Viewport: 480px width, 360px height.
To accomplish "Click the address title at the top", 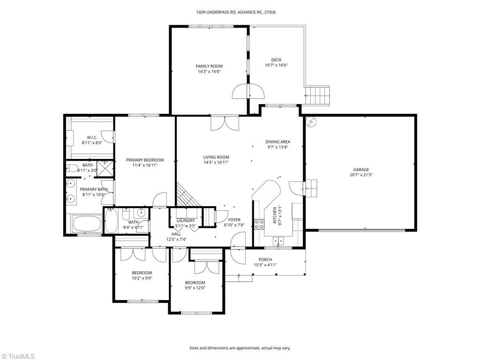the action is (236, 13).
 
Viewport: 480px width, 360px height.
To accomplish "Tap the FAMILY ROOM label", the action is (209, 66).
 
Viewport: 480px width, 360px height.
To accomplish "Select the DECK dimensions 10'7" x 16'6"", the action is (277, 65).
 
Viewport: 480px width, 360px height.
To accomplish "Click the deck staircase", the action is (317, 96).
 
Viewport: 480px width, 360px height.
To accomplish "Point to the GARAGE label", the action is (361, 170).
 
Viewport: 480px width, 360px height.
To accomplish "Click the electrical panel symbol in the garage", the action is (311, 122).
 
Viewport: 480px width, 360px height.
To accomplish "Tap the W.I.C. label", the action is (92, 137).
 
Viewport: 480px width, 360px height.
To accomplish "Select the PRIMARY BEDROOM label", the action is (145, 160).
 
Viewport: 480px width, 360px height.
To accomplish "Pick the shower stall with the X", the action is (105, 169).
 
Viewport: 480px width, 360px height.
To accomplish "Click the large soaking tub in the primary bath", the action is (87, 223).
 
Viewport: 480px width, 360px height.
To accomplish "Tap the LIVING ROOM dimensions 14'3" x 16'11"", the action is (216, 163).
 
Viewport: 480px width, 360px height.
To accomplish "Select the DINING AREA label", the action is (277, 142).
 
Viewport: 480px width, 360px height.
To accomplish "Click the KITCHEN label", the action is (275, 215).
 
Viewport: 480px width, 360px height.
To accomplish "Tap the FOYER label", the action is (234, 220).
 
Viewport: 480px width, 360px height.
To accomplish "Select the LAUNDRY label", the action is (186, 221).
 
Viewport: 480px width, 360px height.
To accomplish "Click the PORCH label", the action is (265, 260).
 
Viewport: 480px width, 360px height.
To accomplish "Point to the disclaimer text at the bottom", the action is (240, 348).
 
